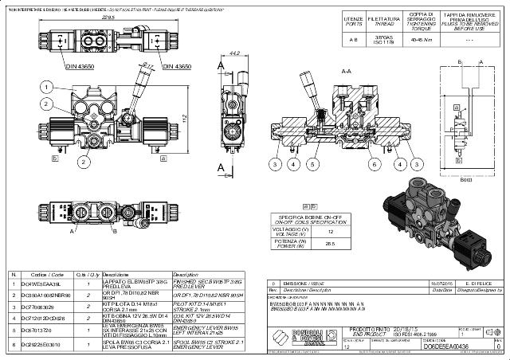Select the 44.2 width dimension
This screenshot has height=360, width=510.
point(234,53)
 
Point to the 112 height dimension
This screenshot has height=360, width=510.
point(204,118)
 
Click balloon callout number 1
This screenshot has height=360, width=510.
point(47,86)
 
